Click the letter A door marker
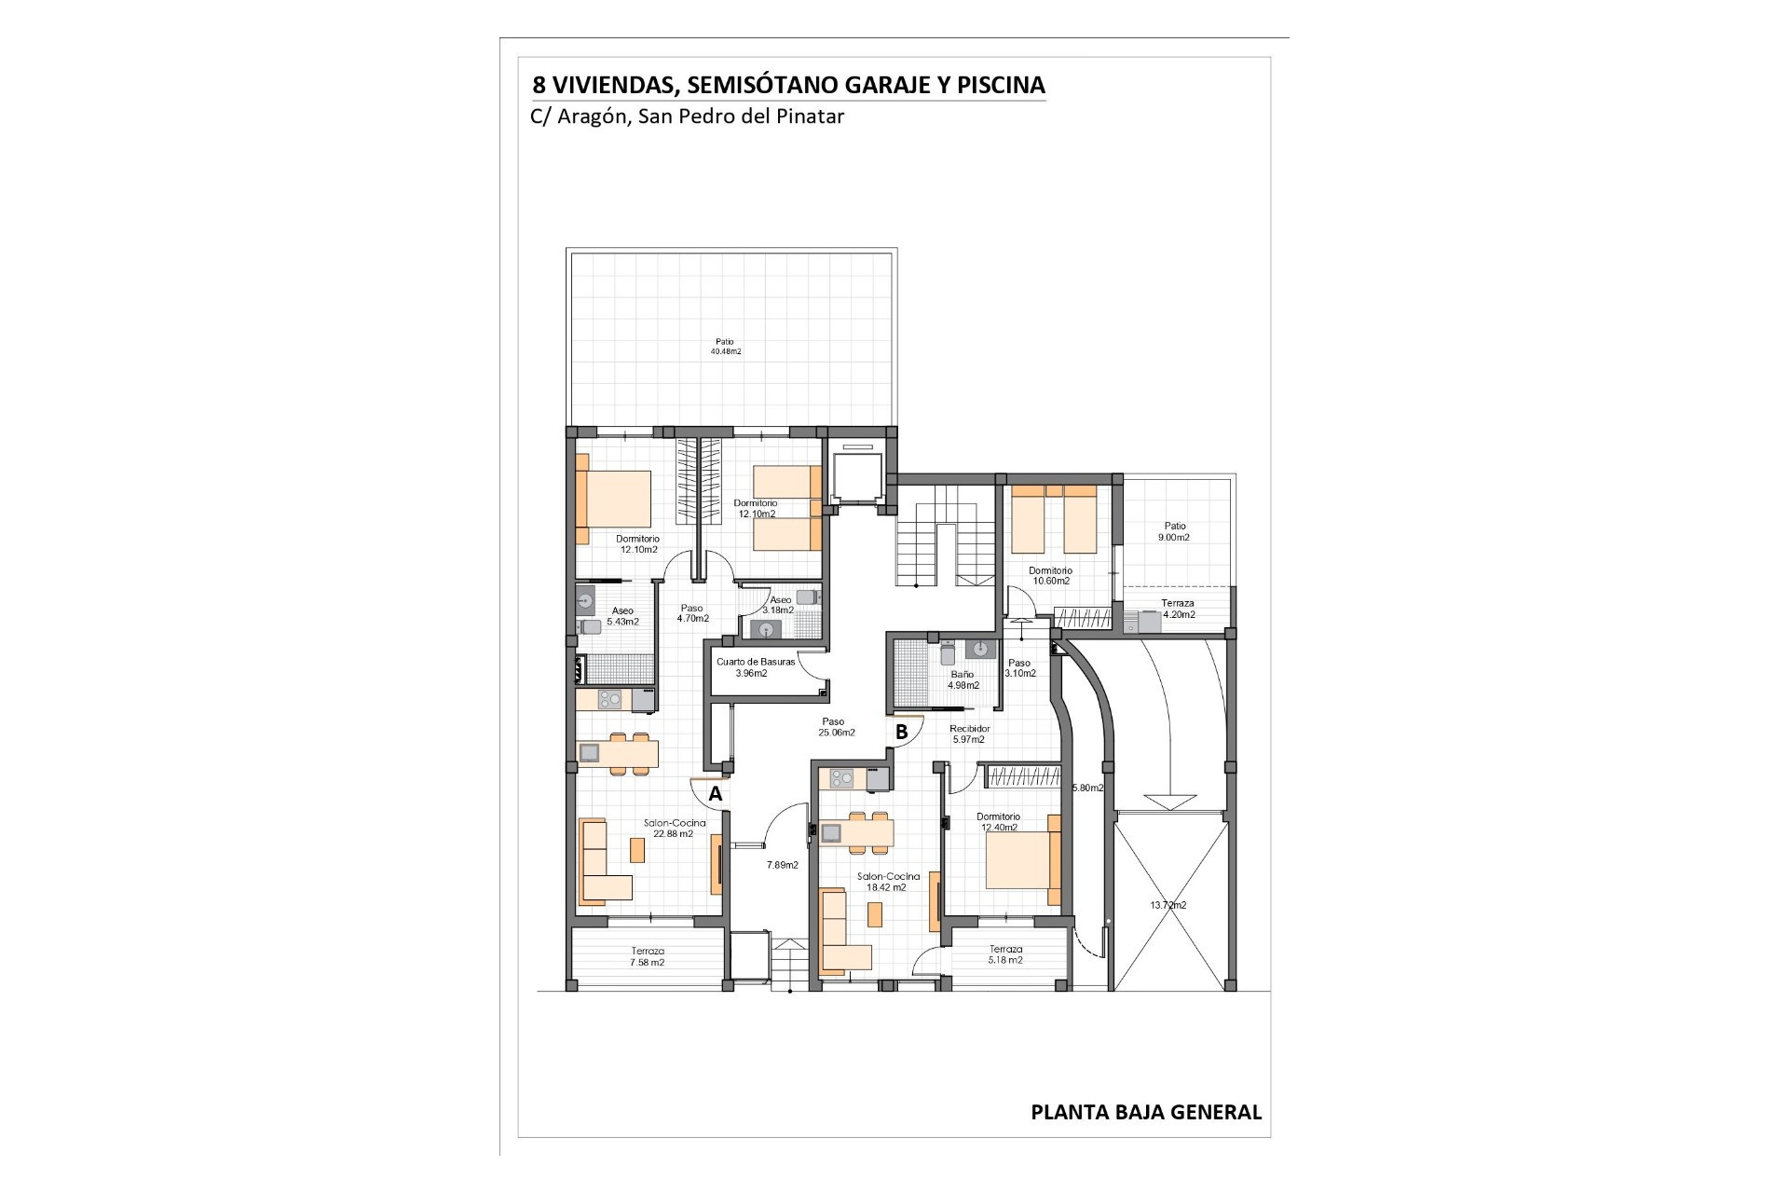click(716, 794)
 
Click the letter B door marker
click(901, 733)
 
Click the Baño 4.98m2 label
click(963, 679)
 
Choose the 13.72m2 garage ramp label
click(1168, 905)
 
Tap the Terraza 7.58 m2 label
click(647, 956)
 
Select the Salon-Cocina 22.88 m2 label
click(675, 829)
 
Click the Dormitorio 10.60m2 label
click(1050, 575)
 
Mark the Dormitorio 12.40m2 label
click(998, 821)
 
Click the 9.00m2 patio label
click(1174, 532)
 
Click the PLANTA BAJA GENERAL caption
click(1146, 1112)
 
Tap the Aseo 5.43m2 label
click(622, 616)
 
